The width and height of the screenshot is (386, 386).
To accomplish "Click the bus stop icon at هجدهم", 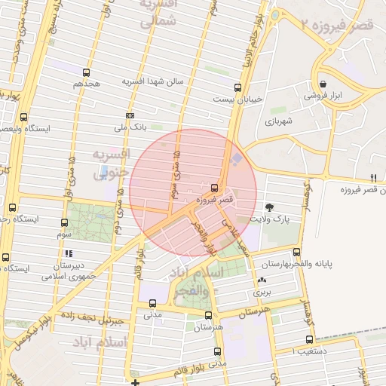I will click(x=86, y=73).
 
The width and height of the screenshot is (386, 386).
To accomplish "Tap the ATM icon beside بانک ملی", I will click(x=130, y=115).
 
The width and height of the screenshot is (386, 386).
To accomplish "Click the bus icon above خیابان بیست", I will click(x=238, y=87).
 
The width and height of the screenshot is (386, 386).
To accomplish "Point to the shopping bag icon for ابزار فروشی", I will click(x=323, y=84).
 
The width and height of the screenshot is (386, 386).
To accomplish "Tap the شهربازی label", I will click(x=277, y=121).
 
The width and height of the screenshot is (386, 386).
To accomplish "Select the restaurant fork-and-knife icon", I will click(x=372, y=178).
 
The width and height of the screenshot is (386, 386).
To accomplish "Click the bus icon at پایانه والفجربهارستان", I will click(x=296, y=253).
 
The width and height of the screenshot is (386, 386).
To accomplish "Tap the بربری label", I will click(x=262, y=290).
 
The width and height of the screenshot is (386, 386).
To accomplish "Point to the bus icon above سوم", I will click(x=64, y=223).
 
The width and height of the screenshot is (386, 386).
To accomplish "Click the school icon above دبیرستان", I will click(x=69, y=253).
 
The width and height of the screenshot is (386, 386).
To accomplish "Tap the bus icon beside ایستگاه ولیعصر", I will click(x=24, y=117).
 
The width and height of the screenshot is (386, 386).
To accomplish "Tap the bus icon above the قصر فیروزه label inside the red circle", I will click(x=216, y=187).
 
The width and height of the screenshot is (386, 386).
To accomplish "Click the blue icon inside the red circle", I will click(x=238, y=159).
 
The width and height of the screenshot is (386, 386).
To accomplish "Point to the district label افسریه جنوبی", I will click(x=111, y=163).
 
